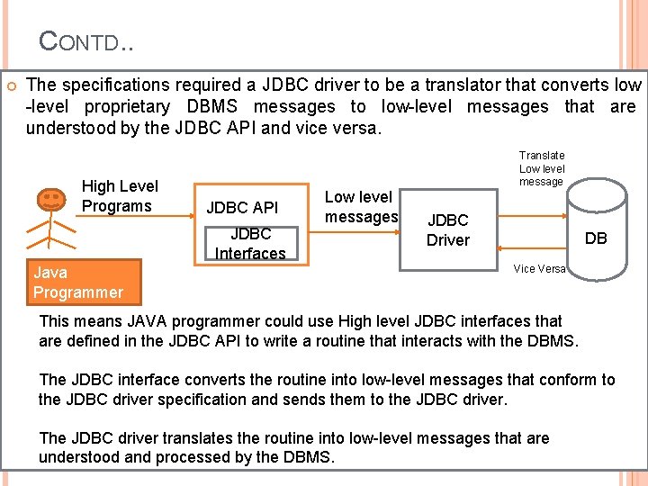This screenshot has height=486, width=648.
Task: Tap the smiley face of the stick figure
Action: [51, 196]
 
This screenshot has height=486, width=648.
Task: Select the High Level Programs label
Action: [119, 196]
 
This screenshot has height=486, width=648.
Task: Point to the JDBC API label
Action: [241, 208]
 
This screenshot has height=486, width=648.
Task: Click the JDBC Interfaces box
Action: [250, 244]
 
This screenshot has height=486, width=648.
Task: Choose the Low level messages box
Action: [360, 207]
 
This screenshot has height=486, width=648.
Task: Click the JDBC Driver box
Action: [447, 229]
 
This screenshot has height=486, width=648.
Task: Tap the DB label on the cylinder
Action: [596, 238]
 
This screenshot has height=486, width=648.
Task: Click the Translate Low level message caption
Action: [541, 168]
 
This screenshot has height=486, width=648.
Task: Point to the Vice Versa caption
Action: [539, 269]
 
